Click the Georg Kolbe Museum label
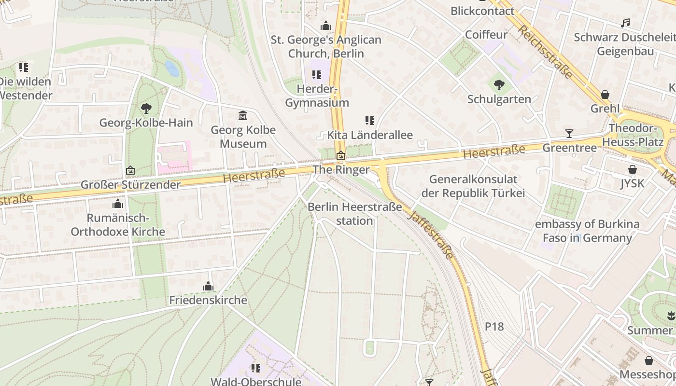click(x=243, y=137)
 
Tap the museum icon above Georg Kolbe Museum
click(x=243, y=116)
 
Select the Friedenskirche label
click(x=208, y=300)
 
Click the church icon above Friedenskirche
click(x=208, y=286)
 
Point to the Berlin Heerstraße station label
click(x=355, y=214)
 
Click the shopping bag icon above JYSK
click(x=633, y=169)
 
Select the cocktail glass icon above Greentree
click(x=569, y=134)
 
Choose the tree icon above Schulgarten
click(x=499, y=85)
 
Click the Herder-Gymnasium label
click(x=317, y=96)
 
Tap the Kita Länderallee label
click(x=370, y=135)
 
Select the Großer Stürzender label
click(x=130, y=185)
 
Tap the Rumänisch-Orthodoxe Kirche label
click(x=118, y=225)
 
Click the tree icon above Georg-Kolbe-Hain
click(x=146, y=109)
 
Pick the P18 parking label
click(x=494, y=327)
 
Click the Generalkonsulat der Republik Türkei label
click(x=473, y=186)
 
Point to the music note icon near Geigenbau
click(x=625, y=23)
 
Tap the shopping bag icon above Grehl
click(x=605, y=95)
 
